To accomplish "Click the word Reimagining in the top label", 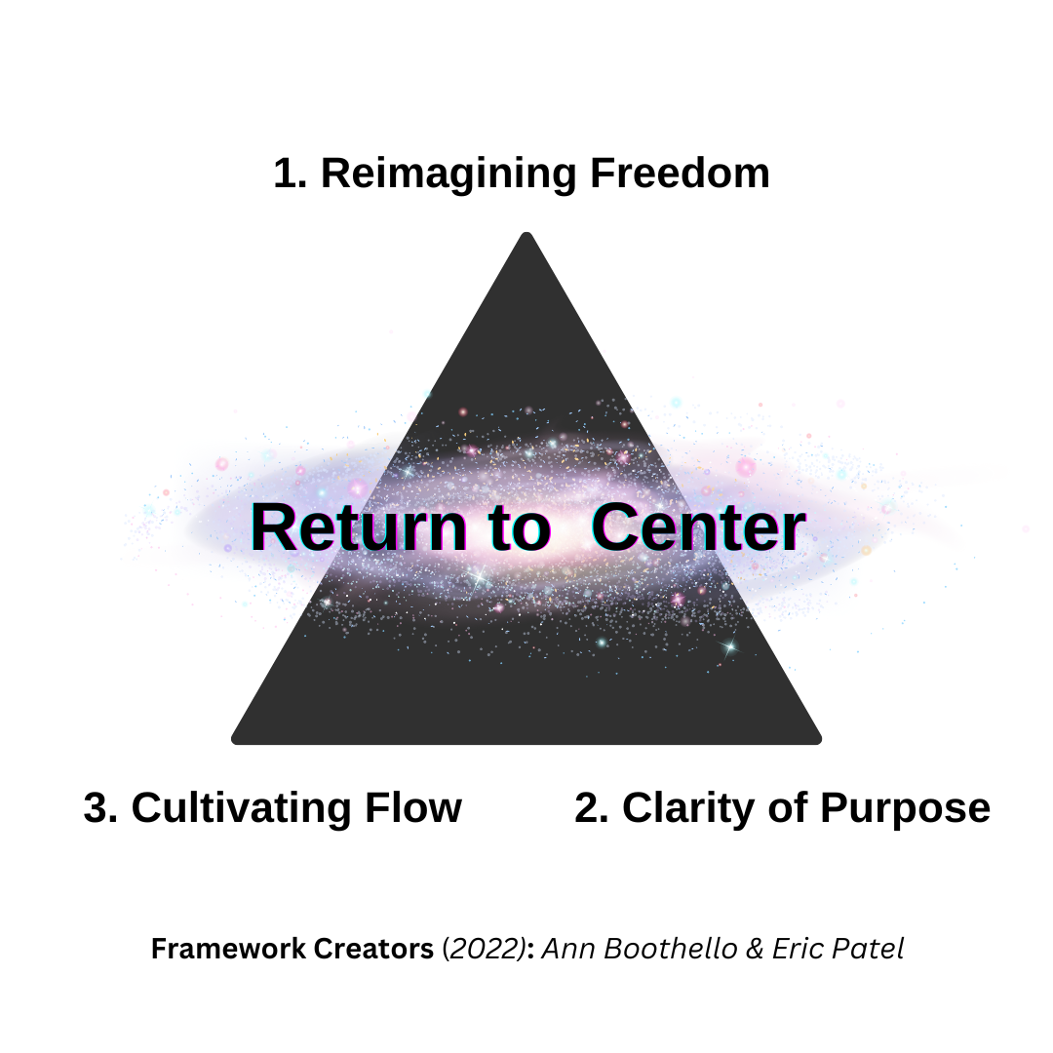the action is click(448, 175).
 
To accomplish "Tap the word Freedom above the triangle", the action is click(680, 174).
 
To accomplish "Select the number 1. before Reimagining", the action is click(291, 174).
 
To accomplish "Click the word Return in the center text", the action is click(359, 528).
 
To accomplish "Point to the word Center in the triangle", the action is click(698, 528).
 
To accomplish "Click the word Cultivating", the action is click(242, 808).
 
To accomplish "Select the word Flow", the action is click(413, 807).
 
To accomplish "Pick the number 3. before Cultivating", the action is click(100, 808).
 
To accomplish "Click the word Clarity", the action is click(688, 808).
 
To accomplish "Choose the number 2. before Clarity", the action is click(592, 808).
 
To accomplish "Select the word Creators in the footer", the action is click(373, 949).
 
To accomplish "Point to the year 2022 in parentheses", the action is click(487, 950).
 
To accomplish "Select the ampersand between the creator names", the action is click(755, 949).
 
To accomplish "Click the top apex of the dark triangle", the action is click(527, 233).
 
